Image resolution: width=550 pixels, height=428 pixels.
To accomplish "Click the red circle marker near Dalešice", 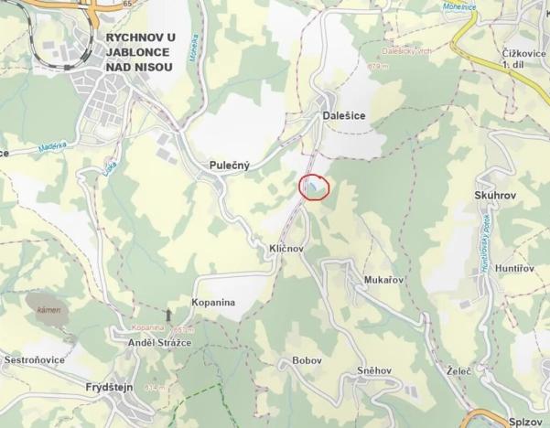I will [x=314, y=187].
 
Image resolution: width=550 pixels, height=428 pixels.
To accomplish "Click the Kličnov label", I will [x=286, y=249].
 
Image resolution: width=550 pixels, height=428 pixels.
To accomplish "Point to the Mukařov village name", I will [x=384, y=281].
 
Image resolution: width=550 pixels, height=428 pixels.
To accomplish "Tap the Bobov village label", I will [x=307, y=361].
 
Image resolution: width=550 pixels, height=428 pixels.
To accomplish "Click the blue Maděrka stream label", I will [x=54, y=147].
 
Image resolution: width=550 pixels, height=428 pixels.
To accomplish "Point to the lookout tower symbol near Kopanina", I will [x=167, y=316].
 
